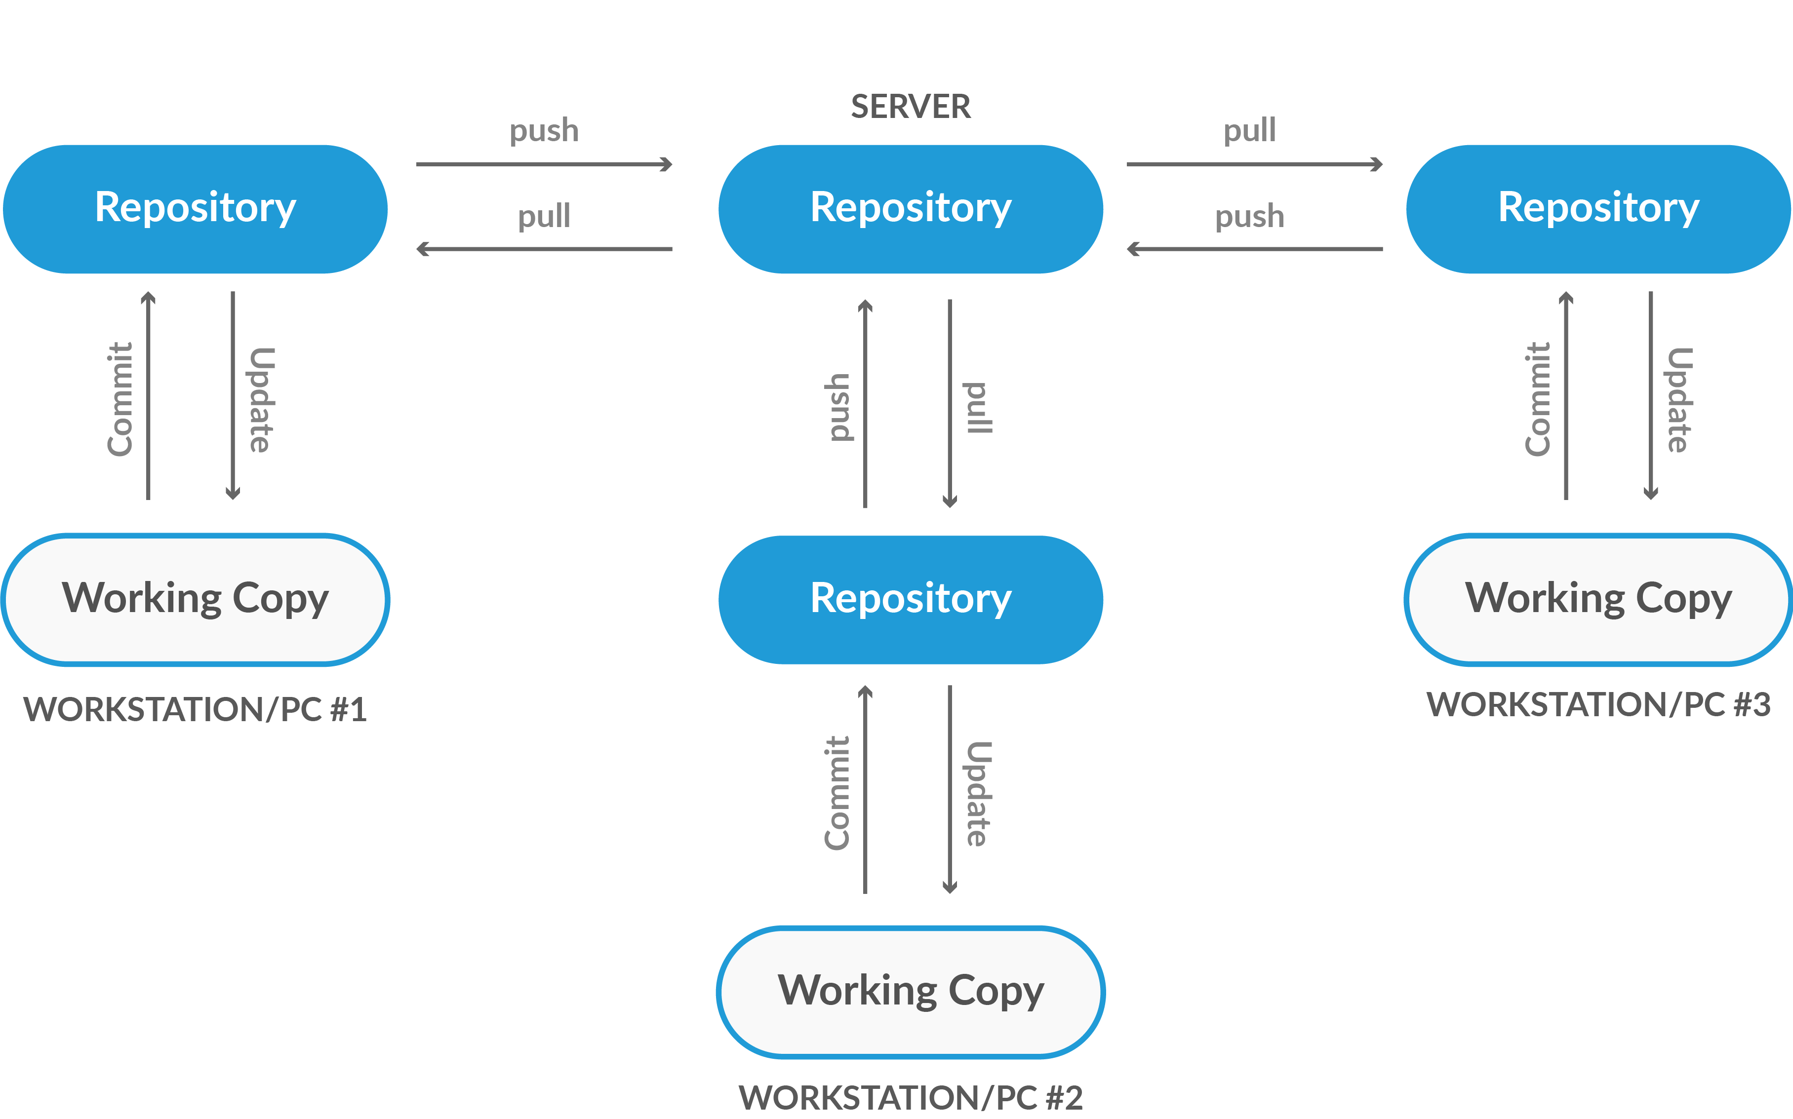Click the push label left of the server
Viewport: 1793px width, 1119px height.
[x=544, y=131]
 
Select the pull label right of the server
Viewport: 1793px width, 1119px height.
[x=1250, y=131]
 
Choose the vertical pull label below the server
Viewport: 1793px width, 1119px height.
[x=977, y=407]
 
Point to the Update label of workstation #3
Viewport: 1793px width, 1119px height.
[x=1679, y=400]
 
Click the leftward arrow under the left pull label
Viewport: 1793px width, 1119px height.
[x=544, y=249]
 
